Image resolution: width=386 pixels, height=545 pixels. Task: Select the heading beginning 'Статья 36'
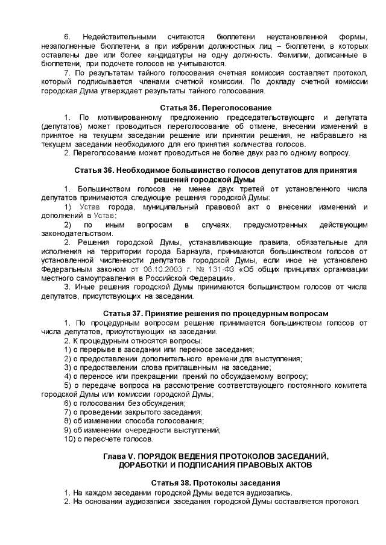click(215, 170)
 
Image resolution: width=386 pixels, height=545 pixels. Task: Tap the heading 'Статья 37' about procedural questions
click(215, 314)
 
